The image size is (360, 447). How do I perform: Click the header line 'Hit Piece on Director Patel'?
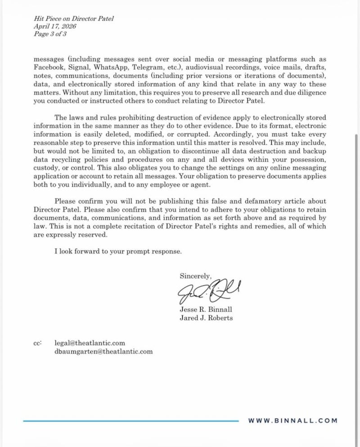click(x=74, y=18)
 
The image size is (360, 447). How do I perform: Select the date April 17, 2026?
click(x=55, y=26)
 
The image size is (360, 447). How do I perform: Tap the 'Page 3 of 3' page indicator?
click(x=50, y=34)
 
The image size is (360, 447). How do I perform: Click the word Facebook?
click(x=49, y=67)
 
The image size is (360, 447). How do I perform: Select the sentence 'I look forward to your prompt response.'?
click(x=118, y=251)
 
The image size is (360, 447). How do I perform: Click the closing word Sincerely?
click(x=195, y=276)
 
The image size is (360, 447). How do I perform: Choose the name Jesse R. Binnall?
click(x=206, y=310)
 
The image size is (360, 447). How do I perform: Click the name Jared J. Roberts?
click(x=206, y=318)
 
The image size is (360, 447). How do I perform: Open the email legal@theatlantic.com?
click(x=90, y=343)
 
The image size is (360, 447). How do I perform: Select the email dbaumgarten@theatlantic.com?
click(x=103, y=351)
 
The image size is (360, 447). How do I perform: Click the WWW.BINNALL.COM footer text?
click(x=292, y=420)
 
